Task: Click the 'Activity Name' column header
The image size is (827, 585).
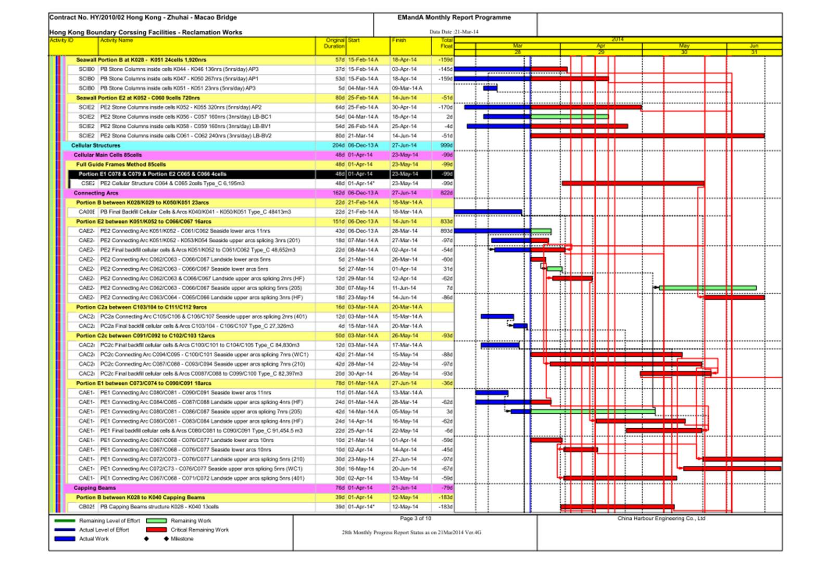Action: coord(117,41)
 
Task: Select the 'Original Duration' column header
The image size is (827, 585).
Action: coord(335,43)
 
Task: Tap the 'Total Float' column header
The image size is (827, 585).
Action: coord(446,43)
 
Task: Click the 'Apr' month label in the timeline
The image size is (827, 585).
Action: coord(600,46)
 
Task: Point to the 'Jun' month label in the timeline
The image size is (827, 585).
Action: coord(754,46)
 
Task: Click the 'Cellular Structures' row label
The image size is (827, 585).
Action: coord(96,146)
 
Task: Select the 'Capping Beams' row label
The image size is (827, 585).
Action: coord(95,488)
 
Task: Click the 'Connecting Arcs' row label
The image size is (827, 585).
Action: coord(96,193)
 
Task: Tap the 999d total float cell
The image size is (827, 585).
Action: coord(446,146)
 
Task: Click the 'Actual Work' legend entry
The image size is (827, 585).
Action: coord(94,539)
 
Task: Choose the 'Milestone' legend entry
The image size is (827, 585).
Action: coord(182,539)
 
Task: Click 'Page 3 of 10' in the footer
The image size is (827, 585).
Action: coord(415,519)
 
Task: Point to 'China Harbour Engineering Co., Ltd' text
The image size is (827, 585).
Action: coord(661,519)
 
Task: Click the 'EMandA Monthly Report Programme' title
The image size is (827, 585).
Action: coord(454,18)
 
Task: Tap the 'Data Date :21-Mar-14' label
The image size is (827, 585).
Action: coord(454,32)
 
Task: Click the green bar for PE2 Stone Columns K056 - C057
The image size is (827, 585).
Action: coord(569,117)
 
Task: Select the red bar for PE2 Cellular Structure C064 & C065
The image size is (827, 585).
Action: coord(633,183)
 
